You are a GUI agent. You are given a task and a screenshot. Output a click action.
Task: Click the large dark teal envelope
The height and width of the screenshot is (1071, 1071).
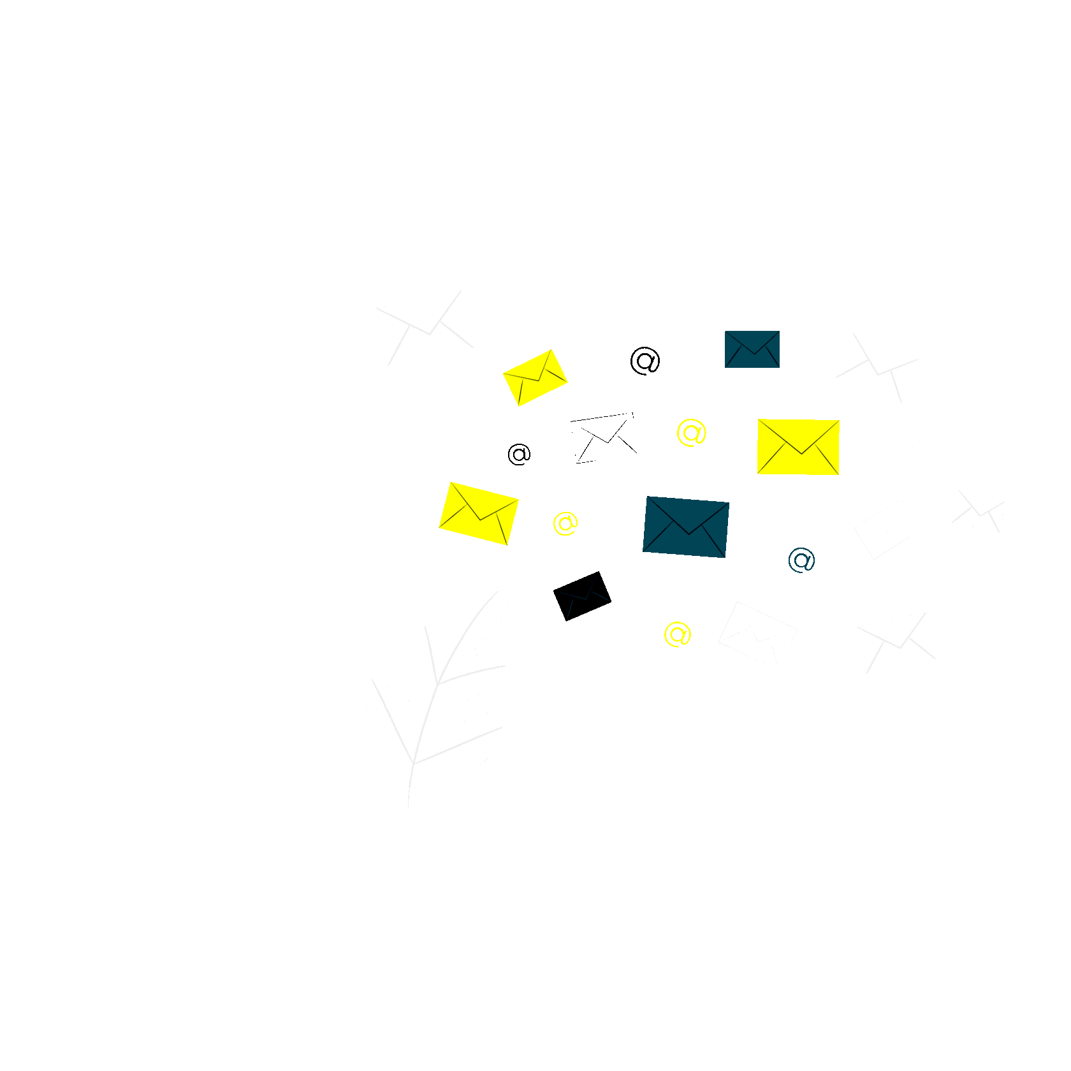pos(686,527)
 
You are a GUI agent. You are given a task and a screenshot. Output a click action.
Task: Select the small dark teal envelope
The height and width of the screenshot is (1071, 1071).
pos(752,349)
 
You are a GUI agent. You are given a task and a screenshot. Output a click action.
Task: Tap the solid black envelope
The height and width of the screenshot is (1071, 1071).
pos(582,596)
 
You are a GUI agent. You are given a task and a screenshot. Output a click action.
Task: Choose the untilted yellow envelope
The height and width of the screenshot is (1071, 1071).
pos(798,447)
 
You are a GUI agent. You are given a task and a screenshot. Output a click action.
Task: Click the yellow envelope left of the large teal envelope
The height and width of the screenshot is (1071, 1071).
pos(479,514)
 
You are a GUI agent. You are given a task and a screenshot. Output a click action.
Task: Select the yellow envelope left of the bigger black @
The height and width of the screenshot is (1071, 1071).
pos(535,377)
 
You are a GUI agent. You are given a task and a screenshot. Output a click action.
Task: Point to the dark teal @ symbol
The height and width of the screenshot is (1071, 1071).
pos(801,560)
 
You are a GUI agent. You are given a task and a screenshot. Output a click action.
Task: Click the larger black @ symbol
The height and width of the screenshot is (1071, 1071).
pos(645,361)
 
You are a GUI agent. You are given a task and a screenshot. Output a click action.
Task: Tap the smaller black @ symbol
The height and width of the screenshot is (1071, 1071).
pos(519,454)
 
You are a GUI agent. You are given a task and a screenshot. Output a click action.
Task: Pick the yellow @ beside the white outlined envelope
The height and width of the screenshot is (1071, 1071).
pos(691,433)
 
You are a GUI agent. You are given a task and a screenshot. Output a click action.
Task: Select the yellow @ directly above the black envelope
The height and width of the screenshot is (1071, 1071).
pos(565,523)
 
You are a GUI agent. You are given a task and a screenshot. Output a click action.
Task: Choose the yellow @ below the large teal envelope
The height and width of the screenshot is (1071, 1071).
pos(677,634)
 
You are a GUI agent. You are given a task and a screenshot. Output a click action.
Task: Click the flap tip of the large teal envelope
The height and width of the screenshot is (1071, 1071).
pos(688,534)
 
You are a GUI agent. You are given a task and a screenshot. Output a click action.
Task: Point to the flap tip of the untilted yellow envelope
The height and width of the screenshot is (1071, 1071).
pos(801,454)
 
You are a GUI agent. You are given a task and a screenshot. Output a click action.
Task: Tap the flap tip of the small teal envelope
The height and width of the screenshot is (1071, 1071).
pos(754,354)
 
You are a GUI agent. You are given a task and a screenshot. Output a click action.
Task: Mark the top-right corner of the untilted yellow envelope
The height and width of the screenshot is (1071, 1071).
pos(840,420)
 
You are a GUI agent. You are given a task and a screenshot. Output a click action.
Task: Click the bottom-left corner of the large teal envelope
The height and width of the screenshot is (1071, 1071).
pos(643,551)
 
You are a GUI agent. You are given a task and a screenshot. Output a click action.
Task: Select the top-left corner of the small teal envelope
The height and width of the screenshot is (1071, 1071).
pos(725,331)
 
